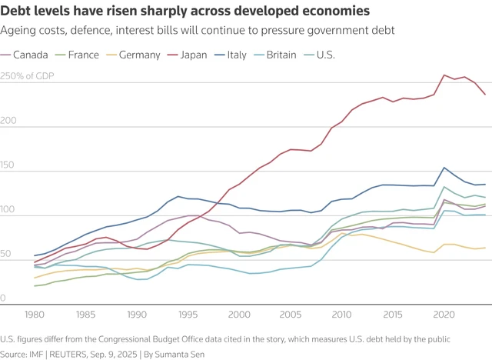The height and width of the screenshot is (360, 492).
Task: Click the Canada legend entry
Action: pos(31,55)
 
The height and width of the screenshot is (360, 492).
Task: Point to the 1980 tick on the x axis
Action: pos(35,315)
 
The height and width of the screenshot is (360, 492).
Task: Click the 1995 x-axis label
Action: pos(188,315)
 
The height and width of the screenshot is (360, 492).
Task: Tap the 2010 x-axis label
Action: pos(342,315)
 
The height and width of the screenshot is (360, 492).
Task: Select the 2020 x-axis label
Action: pos(444,315)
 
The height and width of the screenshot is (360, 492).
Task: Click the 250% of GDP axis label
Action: pos(28,77)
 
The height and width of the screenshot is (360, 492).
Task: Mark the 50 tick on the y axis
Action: pos(7,253)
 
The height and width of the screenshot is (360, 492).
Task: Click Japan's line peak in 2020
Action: pos(444,75)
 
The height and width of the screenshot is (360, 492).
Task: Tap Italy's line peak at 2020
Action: pos(444,168)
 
